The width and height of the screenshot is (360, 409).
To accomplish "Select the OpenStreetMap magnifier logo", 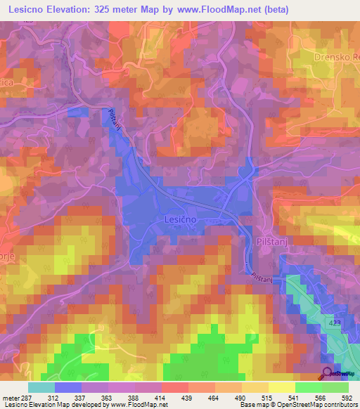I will point(327,372).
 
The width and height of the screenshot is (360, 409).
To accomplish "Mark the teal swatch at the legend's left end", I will point(41,387).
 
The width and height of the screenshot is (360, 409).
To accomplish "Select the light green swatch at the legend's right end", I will point(335,387).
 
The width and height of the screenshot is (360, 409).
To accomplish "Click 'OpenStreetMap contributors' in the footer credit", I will point(319,404).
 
